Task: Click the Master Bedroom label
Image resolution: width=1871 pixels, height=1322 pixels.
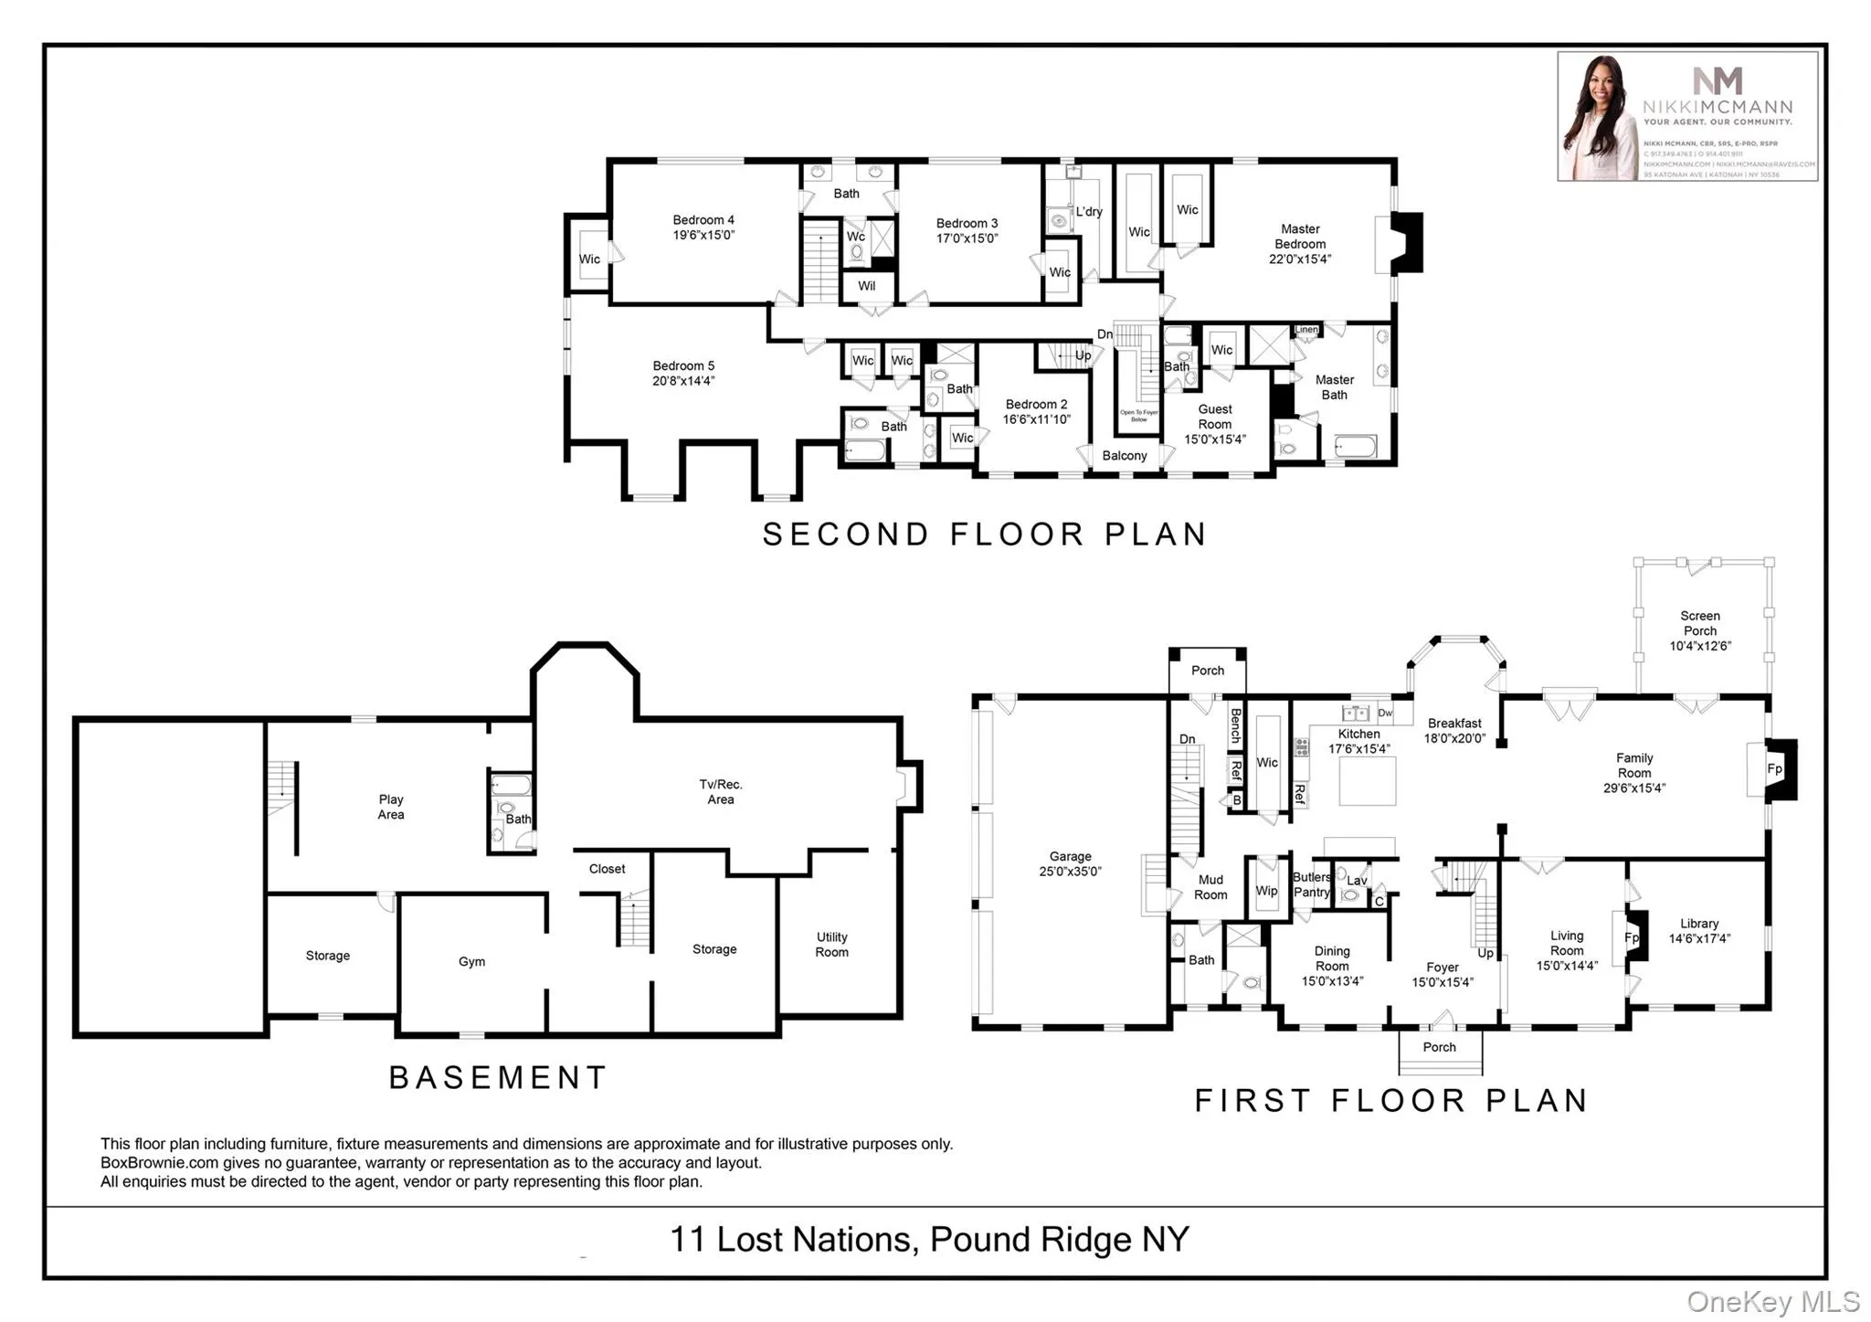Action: point(1299,237)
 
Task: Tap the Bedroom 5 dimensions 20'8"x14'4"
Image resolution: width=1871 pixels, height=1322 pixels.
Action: point(682,381)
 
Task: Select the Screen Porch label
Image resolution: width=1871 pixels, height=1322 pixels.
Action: point(1699,623)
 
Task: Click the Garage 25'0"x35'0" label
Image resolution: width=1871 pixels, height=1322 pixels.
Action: point(1070,863)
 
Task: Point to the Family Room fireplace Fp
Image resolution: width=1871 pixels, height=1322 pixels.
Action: point(1773,768)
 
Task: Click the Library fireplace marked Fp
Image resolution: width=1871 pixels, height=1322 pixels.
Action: point(1631,937)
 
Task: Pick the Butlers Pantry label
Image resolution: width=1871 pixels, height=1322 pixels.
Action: point(1311,884)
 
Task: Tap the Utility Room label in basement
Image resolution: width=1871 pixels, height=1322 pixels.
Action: point(831,944)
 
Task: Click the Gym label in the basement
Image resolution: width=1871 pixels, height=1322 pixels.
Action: point(471,961)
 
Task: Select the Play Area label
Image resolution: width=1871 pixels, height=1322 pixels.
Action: point(390,807)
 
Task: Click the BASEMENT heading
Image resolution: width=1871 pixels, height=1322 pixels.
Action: point(498,1077)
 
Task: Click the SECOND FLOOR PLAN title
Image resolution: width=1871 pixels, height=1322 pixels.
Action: point(984,534)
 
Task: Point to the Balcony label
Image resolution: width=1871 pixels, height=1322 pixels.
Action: point(1124,455)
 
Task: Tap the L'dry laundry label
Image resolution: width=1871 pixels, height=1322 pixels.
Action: point(1088,211)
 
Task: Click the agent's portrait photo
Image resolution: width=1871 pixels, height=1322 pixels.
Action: point(1598,117)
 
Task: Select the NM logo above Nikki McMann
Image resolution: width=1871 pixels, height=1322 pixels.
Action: point(1717,80)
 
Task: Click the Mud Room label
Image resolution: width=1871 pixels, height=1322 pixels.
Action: point(1210,887)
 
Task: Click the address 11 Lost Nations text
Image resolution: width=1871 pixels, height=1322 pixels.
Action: point(791,1240)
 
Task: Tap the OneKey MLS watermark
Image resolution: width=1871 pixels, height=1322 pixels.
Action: point(1771,1301)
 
